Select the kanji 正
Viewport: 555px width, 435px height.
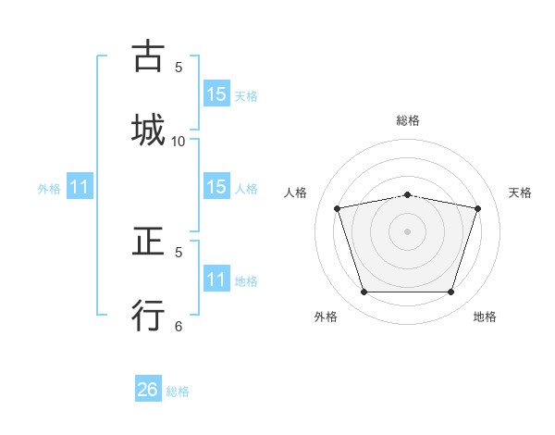(x=148, y=242)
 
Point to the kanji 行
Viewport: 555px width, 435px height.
(x=148, y=315)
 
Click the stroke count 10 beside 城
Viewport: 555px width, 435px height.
(x=179, y=141)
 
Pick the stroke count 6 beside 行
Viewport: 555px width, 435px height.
(x=179, y=326)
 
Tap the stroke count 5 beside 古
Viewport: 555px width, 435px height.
(x=179, y=67)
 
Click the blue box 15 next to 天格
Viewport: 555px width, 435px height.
(x=216, y=94)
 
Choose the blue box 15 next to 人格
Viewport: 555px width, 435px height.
(x=216, y=188)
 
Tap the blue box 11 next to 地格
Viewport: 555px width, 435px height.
(x=216, y=280)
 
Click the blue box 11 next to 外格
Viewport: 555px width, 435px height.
(x=80, y=188)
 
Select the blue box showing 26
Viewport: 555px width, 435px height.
(x=148, y=390)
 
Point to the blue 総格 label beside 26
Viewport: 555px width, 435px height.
(x=178, y=391)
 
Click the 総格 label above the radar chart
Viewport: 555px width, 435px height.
(x=408, y=120)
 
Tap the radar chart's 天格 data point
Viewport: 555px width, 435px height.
(x=478, y=208)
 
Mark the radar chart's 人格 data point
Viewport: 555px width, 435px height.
(x=338, y=208)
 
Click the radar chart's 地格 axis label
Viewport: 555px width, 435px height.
(x=485, y=317)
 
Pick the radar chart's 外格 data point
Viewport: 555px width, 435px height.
(x=364, y=292)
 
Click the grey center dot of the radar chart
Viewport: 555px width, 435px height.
(x=408, y=231)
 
